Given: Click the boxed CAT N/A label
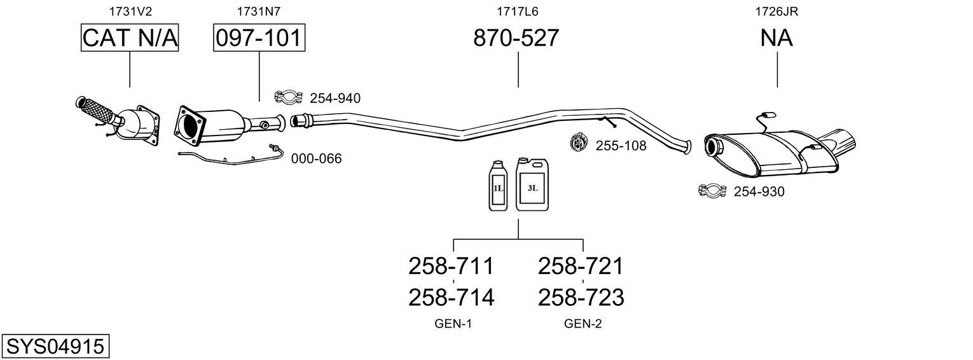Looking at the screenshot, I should tap(130, 38).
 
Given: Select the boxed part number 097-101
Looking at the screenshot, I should tap(259, 38).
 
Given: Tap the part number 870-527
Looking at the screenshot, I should tap(516, 38).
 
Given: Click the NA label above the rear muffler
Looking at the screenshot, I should tap(776, 38).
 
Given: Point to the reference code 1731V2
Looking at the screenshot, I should tap(130, 11).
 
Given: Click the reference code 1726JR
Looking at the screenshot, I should tap(776, 11).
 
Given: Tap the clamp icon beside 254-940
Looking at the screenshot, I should tap(287, 97).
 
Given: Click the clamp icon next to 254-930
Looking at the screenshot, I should tap(712, 190).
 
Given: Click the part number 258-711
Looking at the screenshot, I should tap(451, 266).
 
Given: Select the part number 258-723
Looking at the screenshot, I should tap(581, 297).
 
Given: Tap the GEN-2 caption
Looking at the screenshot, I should tap(583, 324).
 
